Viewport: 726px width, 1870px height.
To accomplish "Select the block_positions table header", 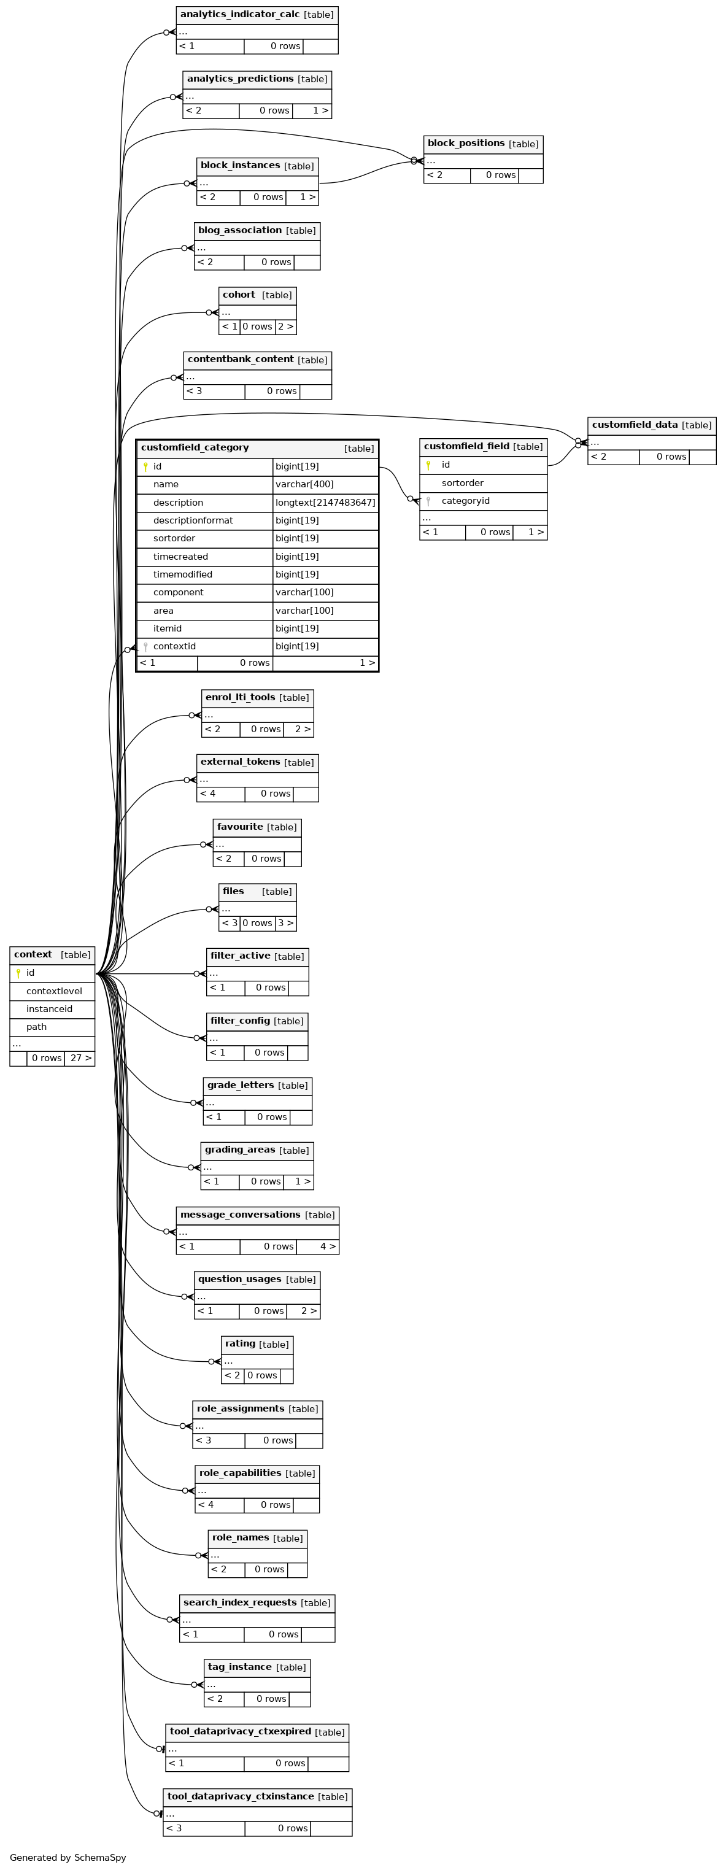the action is [483, 144].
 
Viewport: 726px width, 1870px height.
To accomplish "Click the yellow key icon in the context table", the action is [18, 973].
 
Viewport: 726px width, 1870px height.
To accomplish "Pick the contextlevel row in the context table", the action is [52, 991].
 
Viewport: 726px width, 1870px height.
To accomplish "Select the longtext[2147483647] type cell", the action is [325, 503].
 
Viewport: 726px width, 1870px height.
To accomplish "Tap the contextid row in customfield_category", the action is [258, 646].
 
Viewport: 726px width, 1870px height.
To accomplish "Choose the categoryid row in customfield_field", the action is [484, 501].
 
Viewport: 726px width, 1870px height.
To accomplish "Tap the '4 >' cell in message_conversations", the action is [318, 1246].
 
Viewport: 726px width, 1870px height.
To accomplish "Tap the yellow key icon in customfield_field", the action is [428, 465].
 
